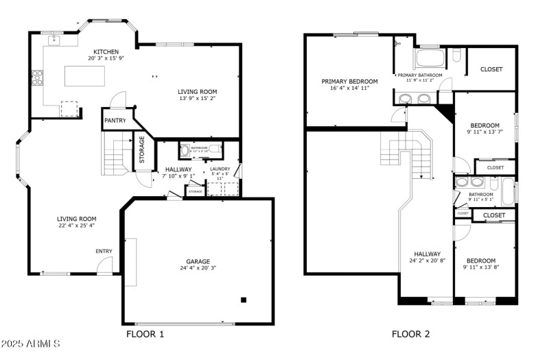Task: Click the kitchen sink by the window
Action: [54, 40]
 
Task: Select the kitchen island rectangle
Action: [85, 76]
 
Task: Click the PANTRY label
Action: [115, 121]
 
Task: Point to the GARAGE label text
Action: [198, 261]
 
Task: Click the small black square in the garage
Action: [244, 299]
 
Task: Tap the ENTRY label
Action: [104, 251]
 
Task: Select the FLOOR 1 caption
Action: [145, 335]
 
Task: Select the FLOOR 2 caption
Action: [410, 335]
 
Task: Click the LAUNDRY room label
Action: [220, 169]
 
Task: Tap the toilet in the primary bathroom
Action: [456, 56]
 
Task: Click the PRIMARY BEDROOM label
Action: [345, 81]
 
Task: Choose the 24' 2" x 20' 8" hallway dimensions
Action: [426, 261]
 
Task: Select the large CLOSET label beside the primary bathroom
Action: [491, 69]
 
